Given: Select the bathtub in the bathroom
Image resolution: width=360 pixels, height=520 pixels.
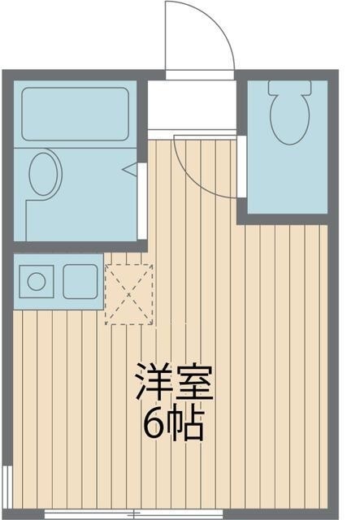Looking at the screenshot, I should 76,115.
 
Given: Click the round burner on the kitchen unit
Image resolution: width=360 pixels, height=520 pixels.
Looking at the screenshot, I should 37,282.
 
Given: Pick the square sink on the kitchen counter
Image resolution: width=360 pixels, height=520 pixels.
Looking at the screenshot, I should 80,282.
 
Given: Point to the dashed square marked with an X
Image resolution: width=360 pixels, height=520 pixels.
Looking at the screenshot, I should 128,293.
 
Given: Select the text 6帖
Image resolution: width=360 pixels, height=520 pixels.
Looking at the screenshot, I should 174,423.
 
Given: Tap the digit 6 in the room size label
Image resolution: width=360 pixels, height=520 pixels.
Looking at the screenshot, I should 154,423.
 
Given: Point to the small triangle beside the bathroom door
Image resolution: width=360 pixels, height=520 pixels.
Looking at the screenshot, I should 129,171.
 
